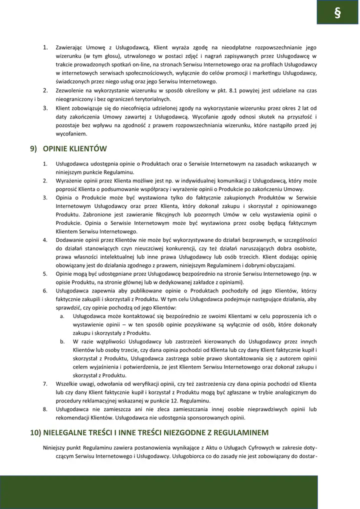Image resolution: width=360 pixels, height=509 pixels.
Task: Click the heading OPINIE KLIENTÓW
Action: click(74, 148)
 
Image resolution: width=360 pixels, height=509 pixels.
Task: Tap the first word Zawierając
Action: click(68, 47)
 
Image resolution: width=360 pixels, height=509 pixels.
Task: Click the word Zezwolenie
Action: click(70, 90)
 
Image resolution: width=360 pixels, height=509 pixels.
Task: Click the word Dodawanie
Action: click(69, 239)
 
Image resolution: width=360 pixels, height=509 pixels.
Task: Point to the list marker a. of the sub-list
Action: click(62, 316)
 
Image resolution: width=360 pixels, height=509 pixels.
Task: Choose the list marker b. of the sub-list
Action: click(62, 341)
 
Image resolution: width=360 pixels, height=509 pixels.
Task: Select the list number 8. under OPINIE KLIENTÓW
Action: click(45, 409)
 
